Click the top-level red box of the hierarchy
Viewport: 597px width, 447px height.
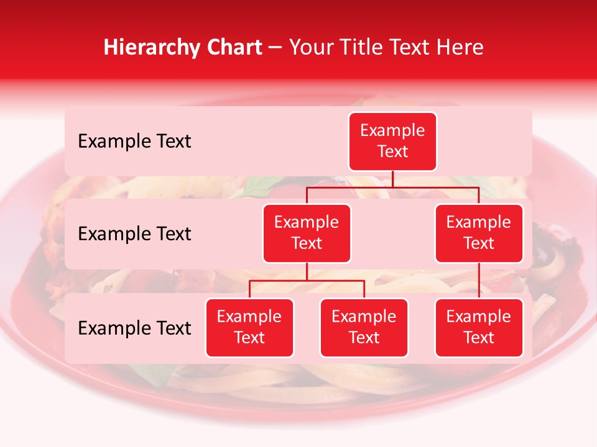pos(392,142)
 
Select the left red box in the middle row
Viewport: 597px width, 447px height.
pos(307,233)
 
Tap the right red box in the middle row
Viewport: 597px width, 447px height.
pos(479,233)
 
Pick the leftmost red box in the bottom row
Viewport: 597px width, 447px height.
pos(249,327)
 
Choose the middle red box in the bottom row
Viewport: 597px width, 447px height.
pos(364,327)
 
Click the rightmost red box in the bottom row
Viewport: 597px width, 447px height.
pos(479,327)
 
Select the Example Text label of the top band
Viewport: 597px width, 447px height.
pos(134,142)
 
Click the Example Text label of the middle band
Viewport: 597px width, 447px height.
pos(134,234)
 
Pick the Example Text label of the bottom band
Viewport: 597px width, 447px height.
pos(134,328)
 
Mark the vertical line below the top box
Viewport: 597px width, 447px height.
pos(392,179)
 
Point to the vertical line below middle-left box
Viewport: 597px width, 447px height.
pos(307,271)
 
